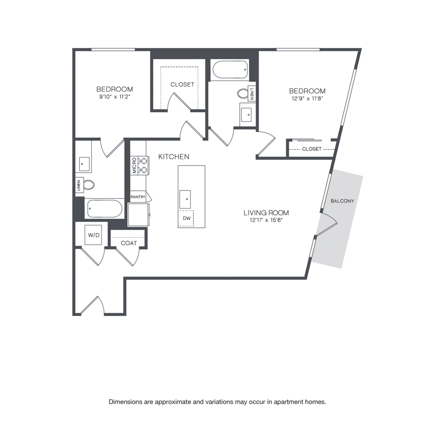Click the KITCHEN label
tap(174, 157)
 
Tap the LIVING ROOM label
tap(266, 213)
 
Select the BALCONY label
tap(342, 201)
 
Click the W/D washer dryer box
tap(93, 235)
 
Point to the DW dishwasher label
tap(187, 218)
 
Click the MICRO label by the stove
tap(134, 166)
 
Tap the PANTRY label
tap(138, 197)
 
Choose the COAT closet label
tap(129, 243)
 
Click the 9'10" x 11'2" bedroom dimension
tap(115, 97)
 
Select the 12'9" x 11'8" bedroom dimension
tap(307, 98)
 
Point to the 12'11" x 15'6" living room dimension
tap(266, 220)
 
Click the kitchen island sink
tap(185, 199)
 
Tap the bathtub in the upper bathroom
tap(230, 70)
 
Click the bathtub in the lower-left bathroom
tap(104, 209)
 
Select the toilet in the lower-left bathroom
tap(88, 185)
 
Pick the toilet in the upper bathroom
tap(243, 93)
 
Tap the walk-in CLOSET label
tap(182, 84)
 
